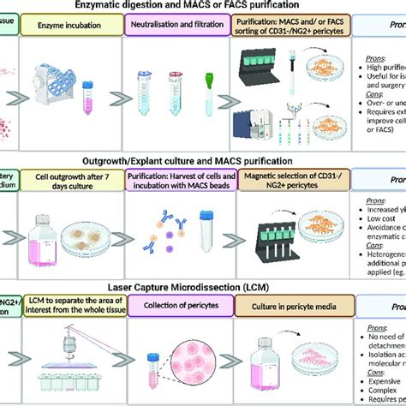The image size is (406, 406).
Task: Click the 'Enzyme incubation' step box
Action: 72,28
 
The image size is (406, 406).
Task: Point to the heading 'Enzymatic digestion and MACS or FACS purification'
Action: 203,6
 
